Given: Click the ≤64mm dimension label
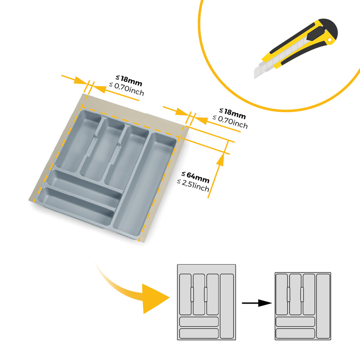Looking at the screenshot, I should click(x=195, y=177).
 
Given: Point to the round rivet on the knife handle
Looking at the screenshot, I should click(x=330, y=41).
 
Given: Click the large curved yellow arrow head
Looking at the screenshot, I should click(x=155, y=298).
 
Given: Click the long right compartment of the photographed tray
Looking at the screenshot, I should click(x=144, y=182).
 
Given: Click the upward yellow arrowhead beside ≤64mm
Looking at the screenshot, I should click(x=220, y=160).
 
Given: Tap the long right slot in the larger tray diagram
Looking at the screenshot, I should click(x=227, y=304).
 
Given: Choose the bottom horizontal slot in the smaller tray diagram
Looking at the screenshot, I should click(x=295, y=333).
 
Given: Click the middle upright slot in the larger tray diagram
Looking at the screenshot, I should click(x=199, y=294).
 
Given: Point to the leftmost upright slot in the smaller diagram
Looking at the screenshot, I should click(x=282, y=295).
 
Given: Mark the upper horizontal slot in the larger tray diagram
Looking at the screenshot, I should click(x=199, y=322).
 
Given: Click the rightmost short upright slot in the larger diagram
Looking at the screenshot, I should click(x=212, y=294).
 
